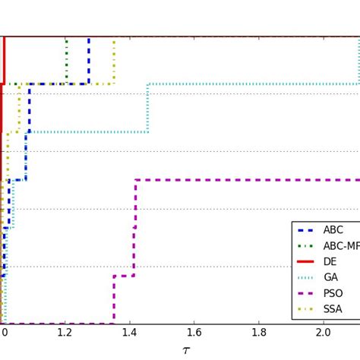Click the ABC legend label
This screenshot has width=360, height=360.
(333, 230)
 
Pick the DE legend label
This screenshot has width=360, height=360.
(330, 262)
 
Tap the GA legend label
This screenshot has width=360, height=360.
(331, 278)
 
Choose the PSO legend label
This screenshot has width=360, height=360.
(333, 294)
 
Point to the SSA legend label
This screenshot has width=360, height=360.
(333, 310)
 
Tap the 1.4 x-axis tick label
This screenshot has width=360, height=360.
(131, 332)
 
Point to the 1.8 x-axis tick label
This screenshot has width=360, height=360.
(259, 332)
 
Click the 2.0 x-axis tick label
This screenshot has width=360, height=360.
(324, 332)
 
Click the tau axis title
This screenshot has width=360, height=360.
(186, 350)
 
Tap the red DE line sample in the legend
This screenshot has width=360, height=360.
(308, 262)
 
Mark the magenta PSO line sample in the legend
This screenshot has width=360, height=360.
(308, 294)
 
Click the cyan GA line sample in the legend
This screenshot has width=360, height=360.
(308, 278)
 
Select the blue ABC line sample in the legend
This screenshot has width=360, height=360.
(308, 230)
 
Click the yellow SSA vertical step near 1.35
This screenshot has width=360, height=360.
(114, 60)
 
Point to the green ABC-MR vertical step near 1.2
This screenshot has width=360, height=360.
(66, 60)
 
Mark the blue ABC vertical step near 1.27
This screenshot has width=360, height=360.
(89, 60)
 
